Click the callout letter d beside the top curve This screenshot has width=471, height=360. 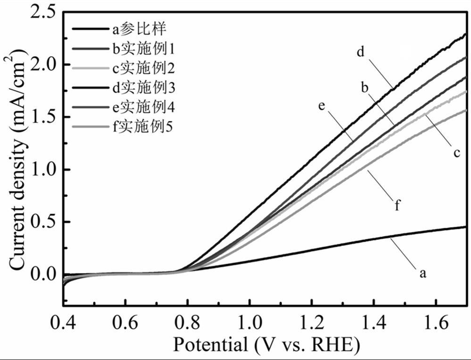pos(360,52)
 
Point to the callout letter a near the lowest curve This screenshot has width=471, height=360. pos(423,273)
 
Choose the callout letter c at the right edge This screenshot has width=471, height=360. pos(457,154)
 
